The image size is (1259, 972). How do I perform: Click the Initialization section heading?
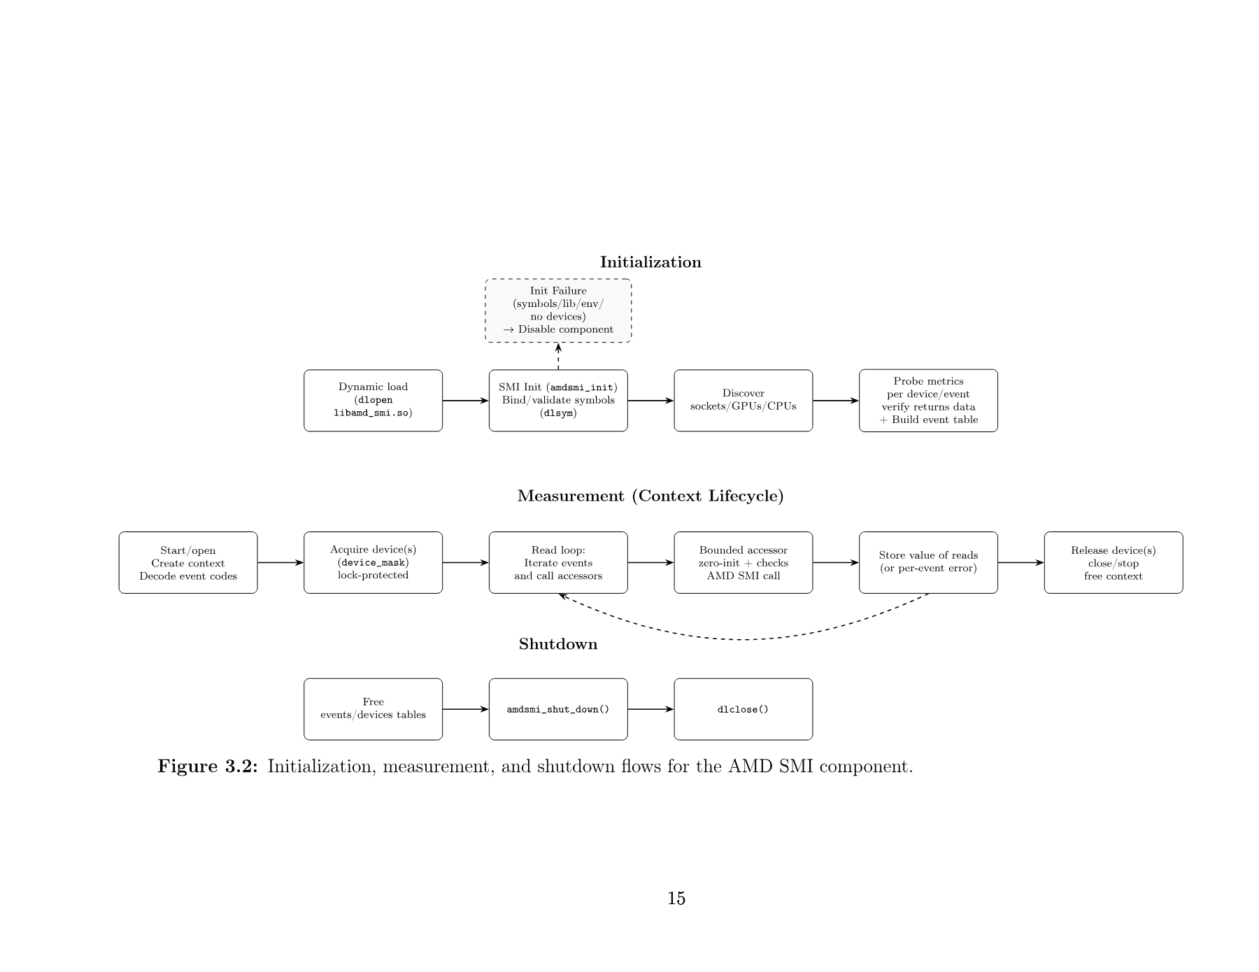pyautogui.click(x=650, y=262)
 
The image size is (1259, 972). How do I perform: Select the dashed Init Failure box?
pyautogui.click(x=558, y=310)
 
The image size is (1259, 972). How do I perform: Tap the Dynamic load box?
pyautogui.click(x=373, y=401)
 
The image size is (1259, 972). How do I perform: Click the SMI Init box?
pyautogui.click(x=558, y=401)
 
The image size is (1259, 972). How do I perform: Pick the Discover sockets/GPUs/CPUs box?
pyautogui.click(x=743, y=401)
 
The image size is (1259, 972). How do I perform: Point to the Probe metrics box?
pyautogui.click(x=928, y=401)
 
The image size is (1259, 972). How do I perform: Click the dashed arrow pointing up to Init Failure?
pyautogui.click(x=558, y=357)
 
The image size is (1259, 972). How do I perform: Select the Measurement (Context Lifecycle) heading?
pyautogui.click(x=650, y=496)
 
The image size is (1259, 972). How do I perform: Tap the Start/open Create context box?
pyautogui.click(x=188, y=563)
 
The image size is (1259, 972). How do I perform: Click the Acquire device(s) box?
pyautogui.click(x=373, y=563)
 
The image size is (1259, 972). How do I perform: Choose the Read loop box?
pyautogui.click(x=558, y=563)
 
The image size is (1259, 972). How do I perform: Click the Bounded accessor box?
pyautogui.click(x=743, y=563)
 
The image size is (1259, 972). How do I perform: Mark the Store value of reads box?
pyautogui.click(x=928, y=563)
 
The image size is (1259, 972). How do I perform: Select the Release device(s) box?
pyautogui.click(x=1113, y=563)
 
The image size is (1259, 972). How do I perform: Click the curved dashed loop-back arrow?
pyautogui.click(x=743, y=639)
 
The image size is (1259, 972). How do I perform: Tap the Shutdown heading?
pyautogui.click(x=558, y=644)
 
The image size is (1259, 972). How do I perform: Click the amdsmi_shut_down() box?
pyautogui.click(x=558, y=709)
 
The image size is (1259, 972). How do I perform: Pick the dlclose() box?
pyautogui.click(x=743, y=709)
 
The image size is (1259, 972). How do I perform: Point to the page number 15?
pyautogui.click(x=676, y=899)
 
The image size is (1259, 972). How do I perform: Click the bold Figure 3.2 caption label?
pyautogui.click(x=208, y=766)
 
